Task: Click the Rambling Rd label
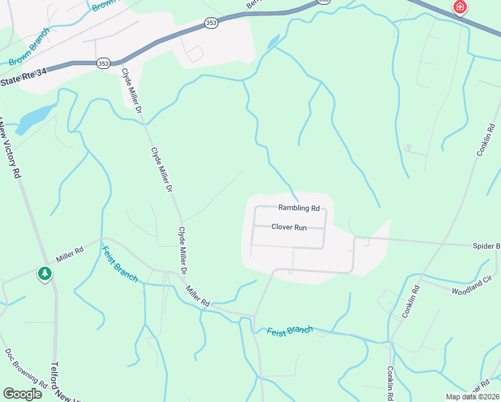[x=299, y=208]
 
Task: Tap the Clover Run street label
[x=289, y=227]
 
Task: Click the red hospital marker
[x=459, y=7]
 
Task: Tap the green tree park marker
[x=45, y=273]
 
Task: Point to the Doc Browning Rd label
[x=25, y=368]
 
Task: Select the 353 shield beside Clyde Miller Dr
[x=103, y=64]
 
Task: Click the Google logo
[x=23, y=394]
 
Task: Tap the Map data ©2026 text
[x=472, y=397]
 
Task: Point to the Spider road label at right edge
[x=486, y=246]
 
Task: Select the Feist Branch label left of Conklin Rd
[x=290, y=331]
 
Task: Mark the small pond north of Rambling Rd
[x=273, y=42]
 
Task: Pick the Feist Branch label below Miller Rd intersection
[x=119, y=263]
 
